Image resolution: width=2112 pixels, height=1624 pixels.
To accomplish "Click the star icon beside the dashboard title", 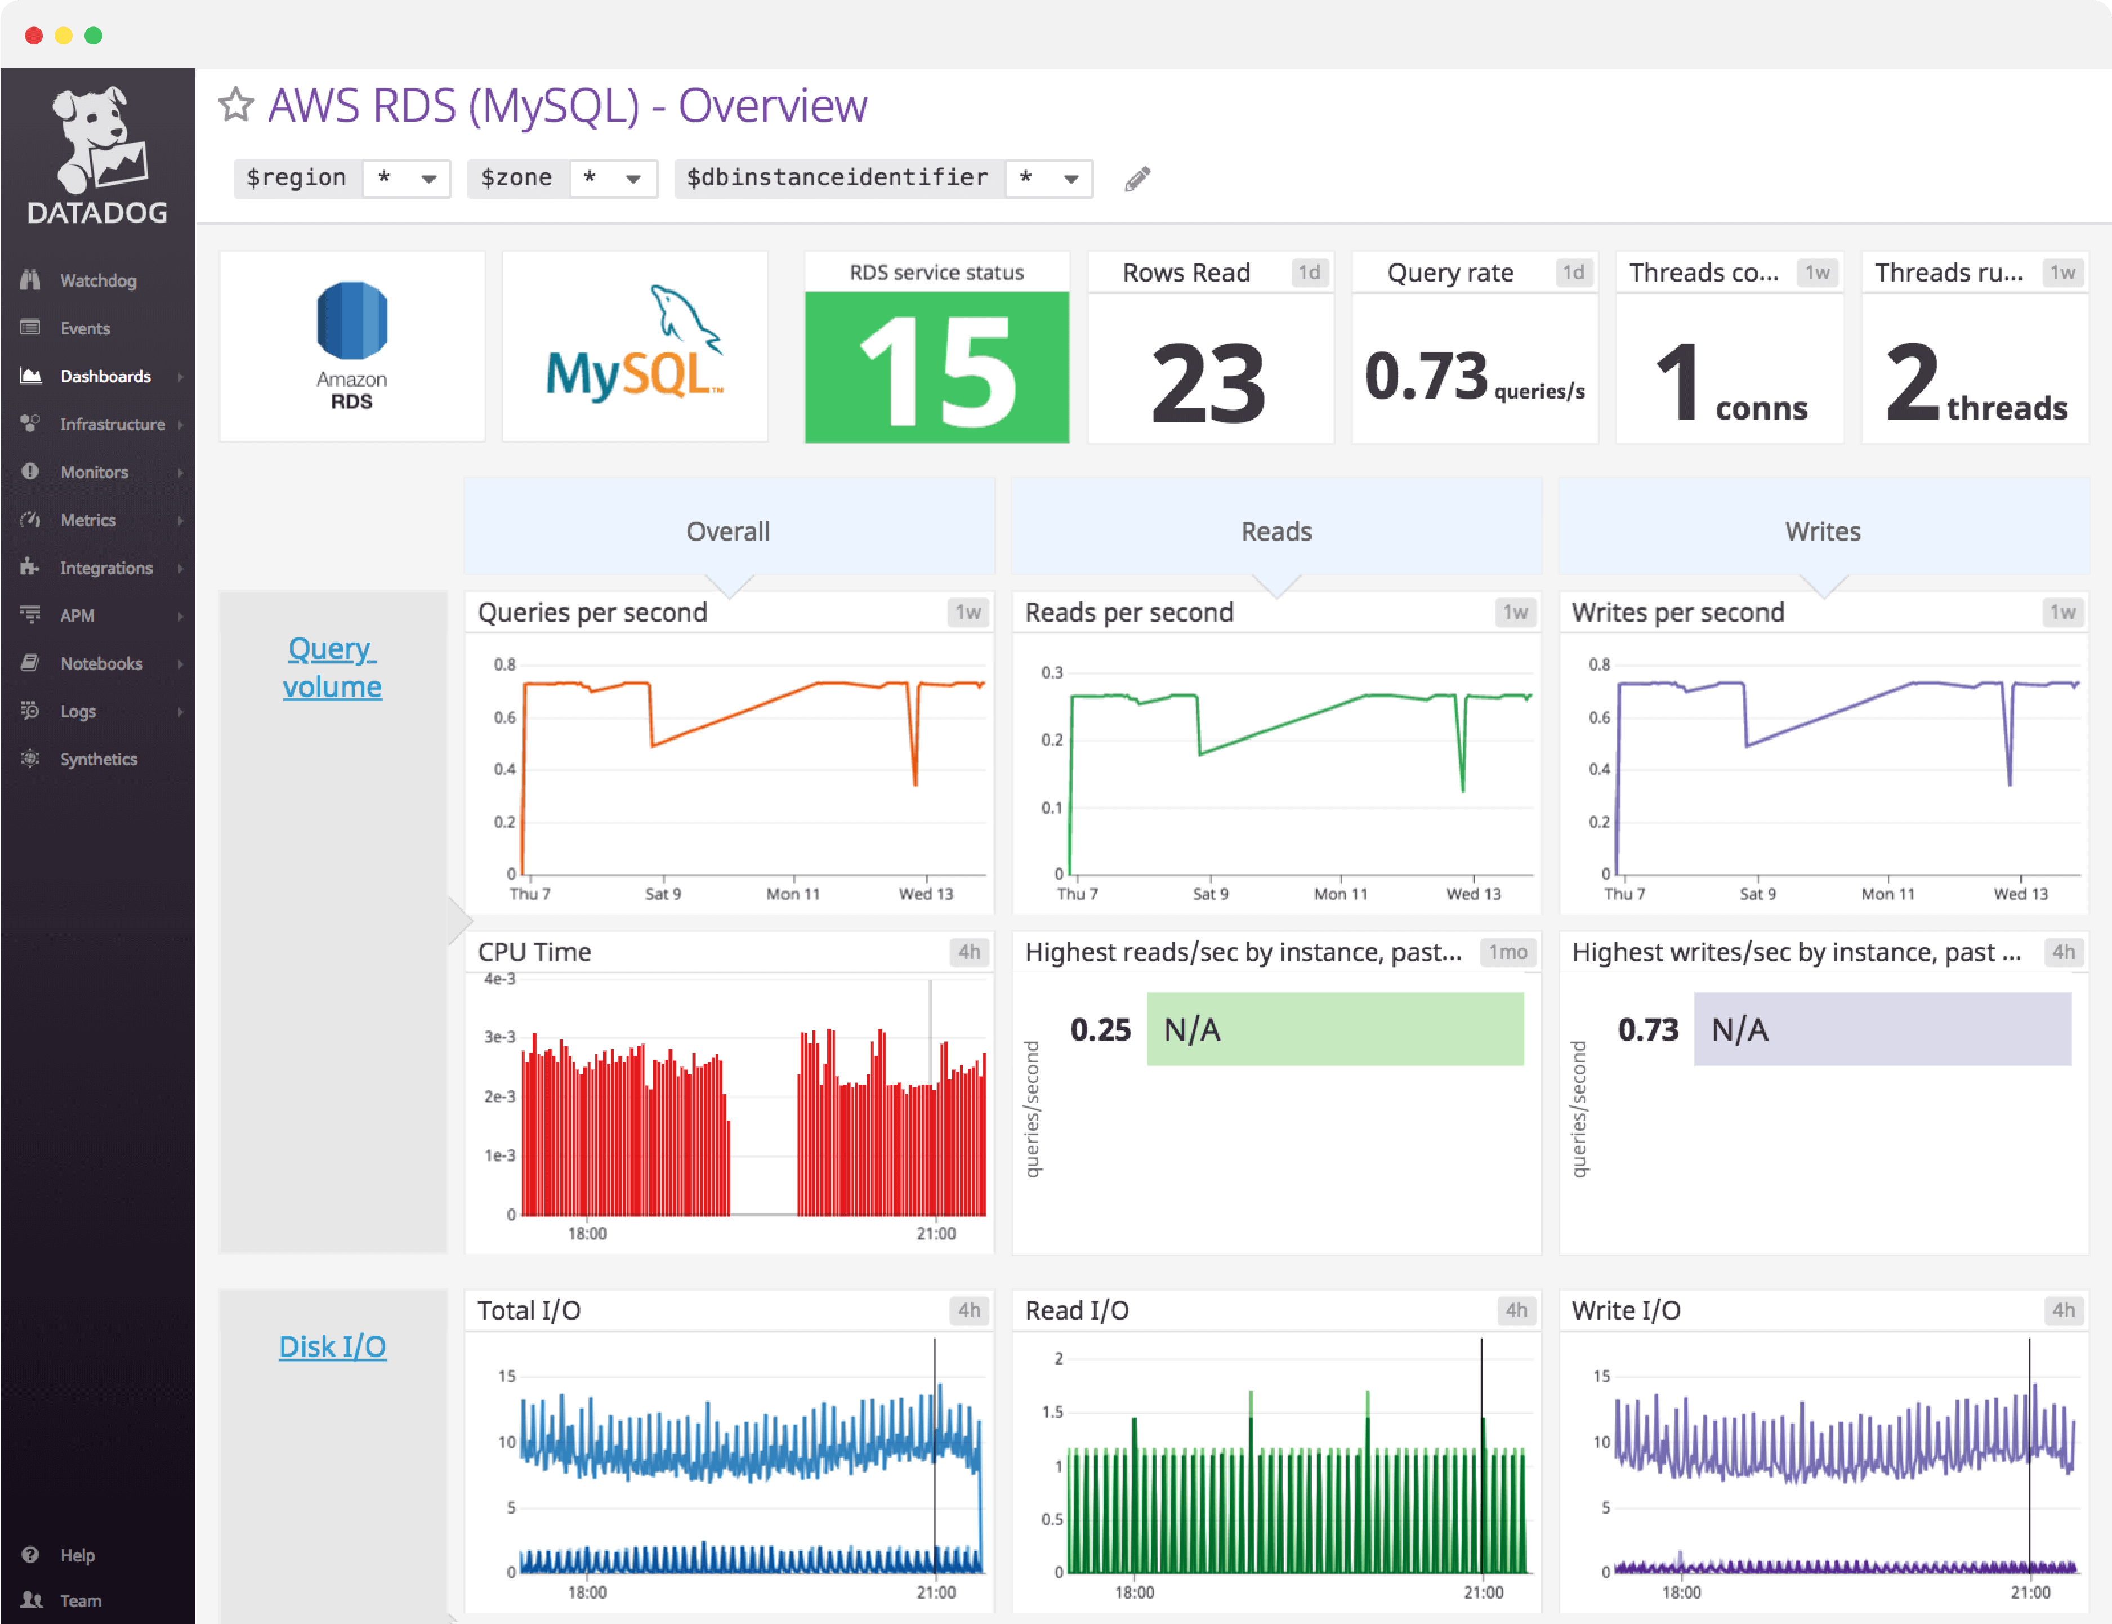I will tap(236, 104).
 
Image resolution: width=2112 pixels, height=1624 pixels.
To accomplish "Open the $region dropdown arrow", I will tap(429, 179).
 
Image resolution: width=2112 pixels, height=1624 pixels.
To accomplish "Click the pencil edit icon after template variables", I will tap(1137, 179).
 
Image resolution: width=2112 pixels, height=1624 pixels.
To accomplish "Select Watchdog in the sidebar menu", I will tap(97, 280).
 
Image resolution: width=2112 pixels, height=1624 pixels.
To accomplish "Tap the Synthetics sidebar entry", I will tap(97, 759).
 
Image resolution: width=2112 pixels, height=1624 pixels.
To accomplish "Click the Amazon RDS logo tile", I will tap(352, 346).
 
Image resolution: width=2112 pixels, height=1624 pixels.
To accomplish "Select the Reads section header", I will tap(1276, 530).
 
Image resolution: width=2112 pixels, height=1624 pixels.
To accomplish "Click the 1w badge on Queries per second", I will tap(967, 612).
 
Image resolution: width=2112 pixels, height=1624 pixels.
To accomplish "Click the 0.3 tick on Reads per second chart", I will tap(1052, 672).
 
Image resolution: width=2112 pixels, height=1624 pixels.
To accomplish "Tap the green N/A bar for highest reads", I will tap(1335, 1029).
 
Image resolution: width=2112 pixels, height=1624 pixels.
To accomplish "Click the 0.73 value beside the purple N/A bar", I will tap(1648, 1029).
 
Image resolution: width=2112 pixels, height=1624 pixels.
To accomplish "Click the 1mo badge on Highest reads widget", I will tap(1507, 952).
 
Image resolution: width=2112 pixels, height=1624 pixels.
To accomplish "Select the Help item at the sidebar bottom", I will tap(77, 1554).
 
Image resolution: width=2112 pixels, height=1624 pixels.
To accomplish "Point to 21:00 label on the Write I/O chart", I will tap(2030, 1592).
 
